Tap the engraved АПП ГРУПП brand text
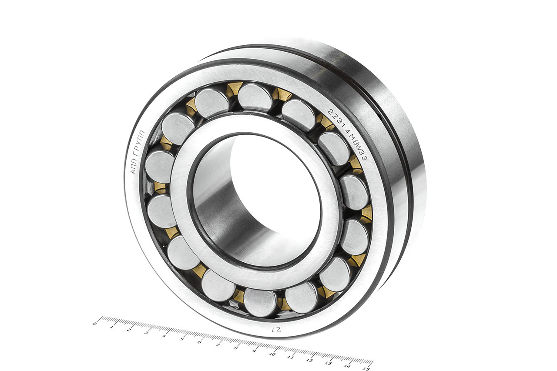point(137,152)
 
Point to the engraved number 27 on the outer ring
point(277,330)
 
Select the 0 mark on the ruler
point(95,324)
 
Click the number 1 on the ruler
point(112,327)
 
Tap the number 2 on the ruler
point(129,330)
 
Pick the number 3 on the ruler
point(147,333)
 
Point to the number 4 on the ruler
point(164,336)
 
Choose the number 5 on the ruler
point(182,339)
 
